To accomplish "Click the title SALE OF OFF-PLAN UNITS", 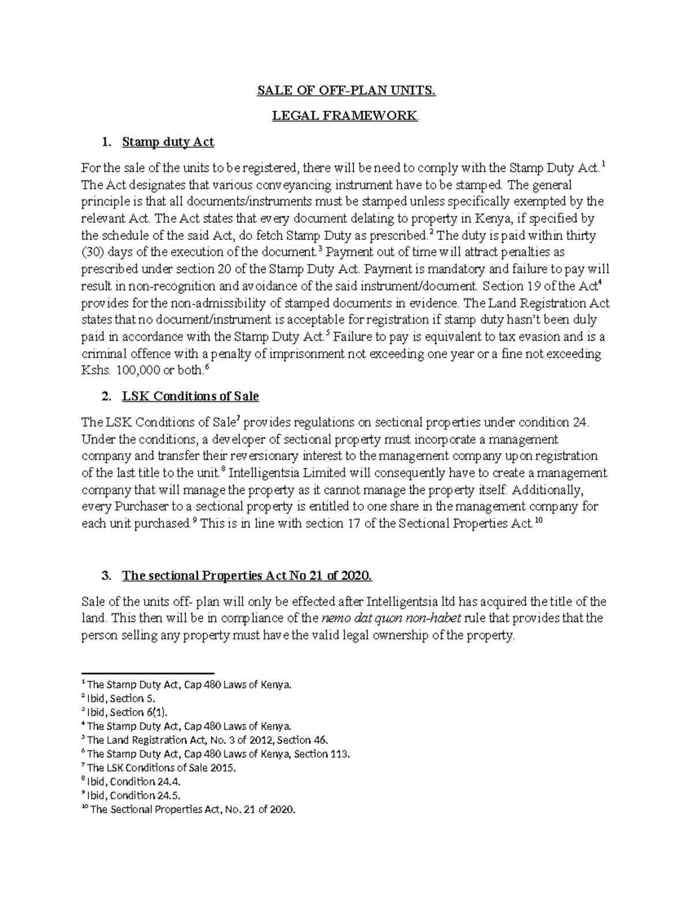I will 346,91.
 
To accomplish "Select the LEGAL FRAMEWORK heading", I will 345,116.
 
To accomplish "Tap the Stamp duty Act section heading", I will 168,142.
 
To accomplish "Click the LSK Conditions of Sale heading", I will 191,396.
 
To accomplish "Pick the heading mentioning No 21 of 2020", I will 247,576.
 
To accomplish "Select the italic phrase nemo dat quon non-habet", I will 391,619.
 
